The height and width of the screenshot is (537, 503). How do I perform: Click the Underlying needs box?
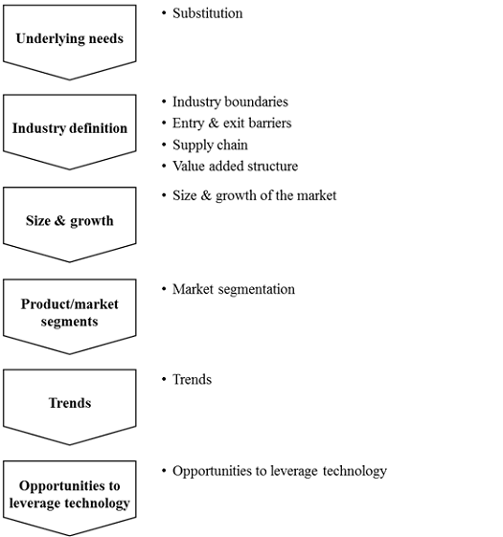[69, 40]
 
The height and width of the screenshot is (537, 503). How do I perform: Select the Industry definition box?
[69, 129]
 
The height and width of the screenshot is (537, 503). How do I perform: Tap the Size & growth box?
[69, 221]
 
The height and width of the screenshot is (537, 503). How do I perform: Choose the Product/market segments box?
[69, 313]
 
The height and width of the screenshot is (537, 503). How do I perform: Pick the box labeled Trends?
[69, 403]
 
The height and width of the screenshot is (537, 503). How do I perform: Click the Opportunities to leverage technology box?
[69, 495]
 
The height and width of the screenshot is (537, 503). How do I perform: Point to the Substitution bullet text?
[207, 13]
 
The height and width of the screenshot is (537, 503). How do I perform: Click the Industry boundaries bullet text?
[230, 101]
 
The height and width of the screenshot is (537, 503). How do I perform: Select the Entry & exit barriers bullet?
[232, 123]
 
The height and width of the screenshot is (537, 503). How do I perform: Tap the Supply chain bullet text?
[210, 145]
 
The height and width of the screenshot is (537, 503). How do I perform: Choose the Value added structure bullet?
[235, 167]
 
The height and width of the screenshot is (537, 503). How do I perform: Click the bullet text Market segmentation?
[234, 289]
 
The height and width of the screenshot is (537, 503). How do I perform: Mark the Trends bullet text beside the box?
[192, 379]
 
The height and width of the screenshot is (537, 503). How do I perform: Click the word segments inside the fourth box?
[69, 322]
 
